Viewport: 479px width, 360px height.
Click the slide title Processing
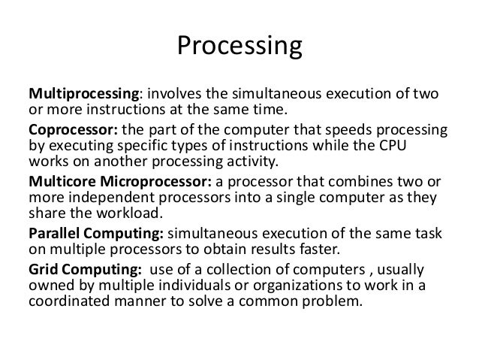click(239, 47)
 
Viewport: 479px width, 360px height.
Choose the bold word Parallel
click(54, 232)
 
